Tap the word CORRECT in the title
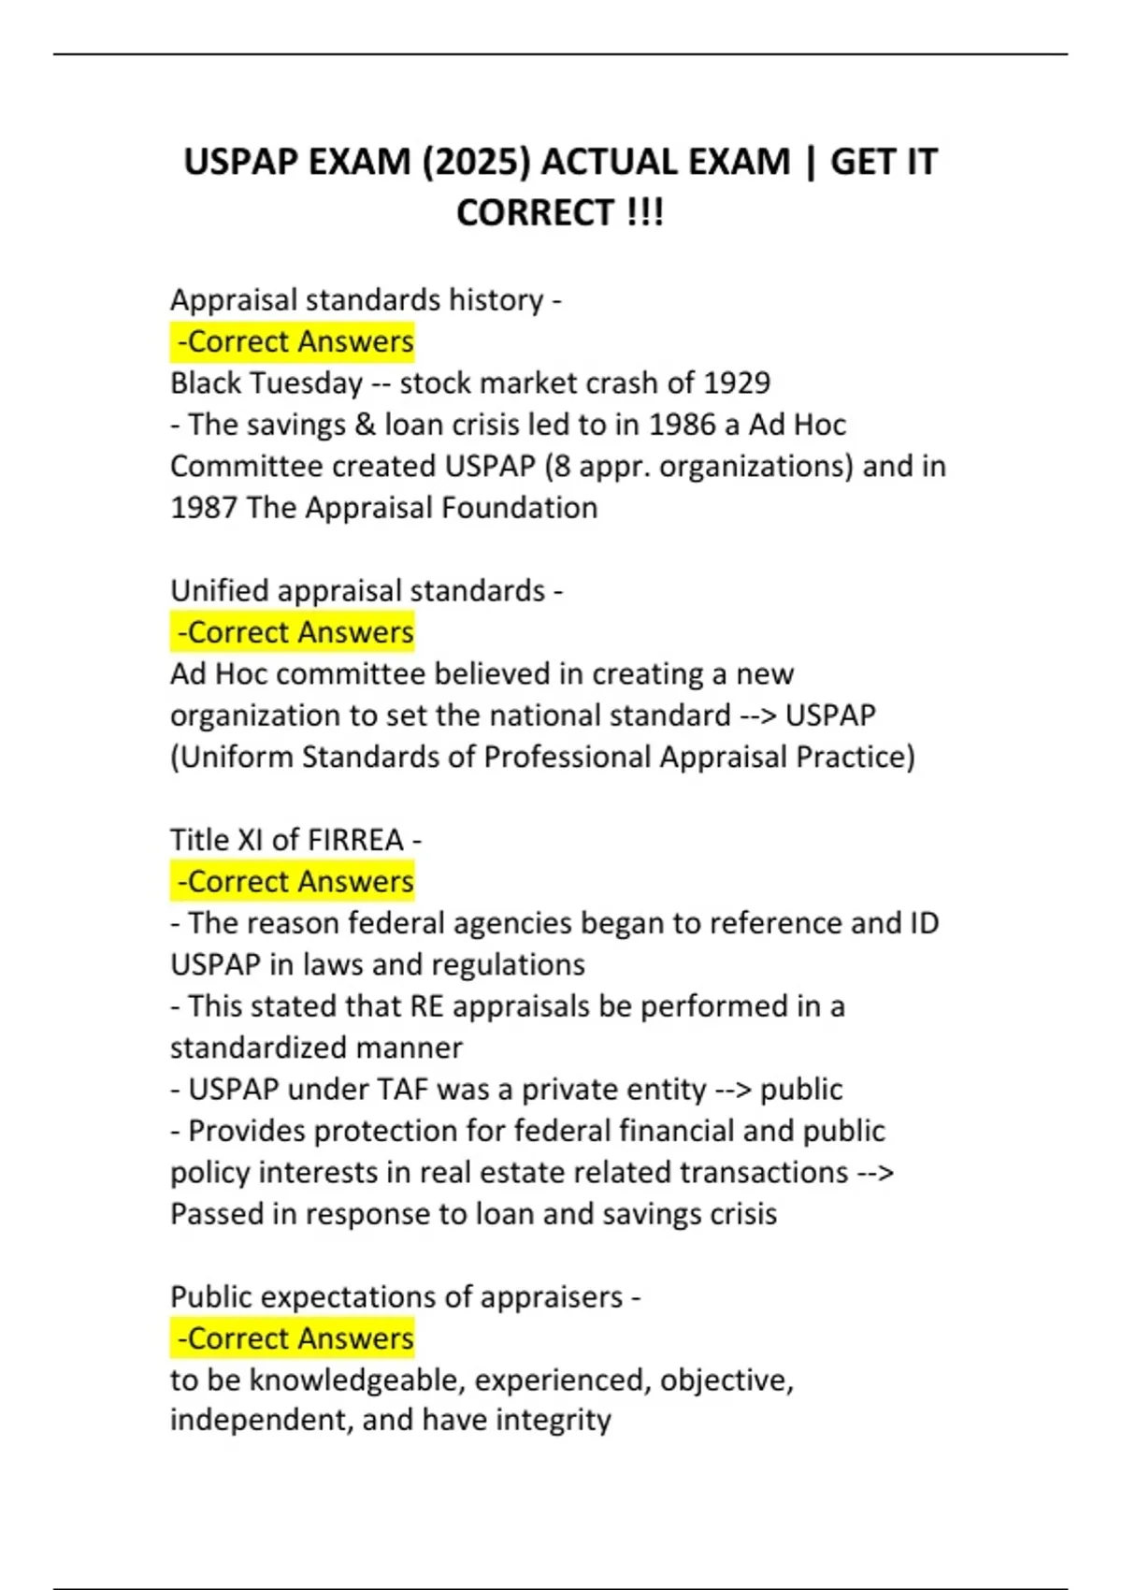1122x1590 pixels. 535,213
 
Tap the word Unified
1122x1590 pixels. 220,591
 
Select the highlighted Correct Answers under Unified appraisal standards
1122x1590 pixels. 294,633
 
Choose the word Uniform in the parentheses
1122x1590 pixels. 236,757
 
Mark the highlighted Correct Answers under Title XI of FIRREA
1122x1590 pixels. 294,882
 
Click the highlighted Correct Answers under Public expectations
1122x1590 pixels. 294,1338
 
